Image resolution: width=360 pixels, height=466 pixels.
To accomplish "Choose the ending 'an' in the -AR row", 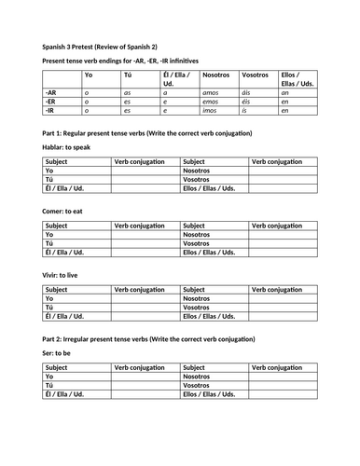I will pos(284,93).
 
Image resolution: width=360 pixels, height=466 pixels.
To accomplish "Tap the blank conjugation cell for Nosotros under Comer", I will pos(284,236).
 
